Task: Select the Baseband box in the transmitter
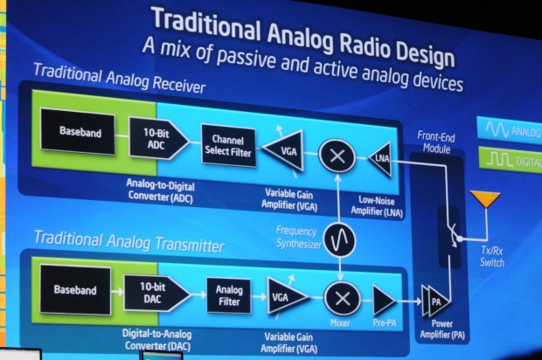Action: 75,290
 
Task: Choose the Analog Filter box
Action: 229,295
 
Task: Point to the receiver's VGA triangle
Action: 288,149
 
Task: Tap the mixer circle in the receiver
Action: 336,156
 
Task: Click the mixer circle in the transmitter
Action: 341,298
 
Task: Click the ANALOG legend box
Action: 508,131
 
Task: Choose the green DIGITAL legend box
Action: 508,160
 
